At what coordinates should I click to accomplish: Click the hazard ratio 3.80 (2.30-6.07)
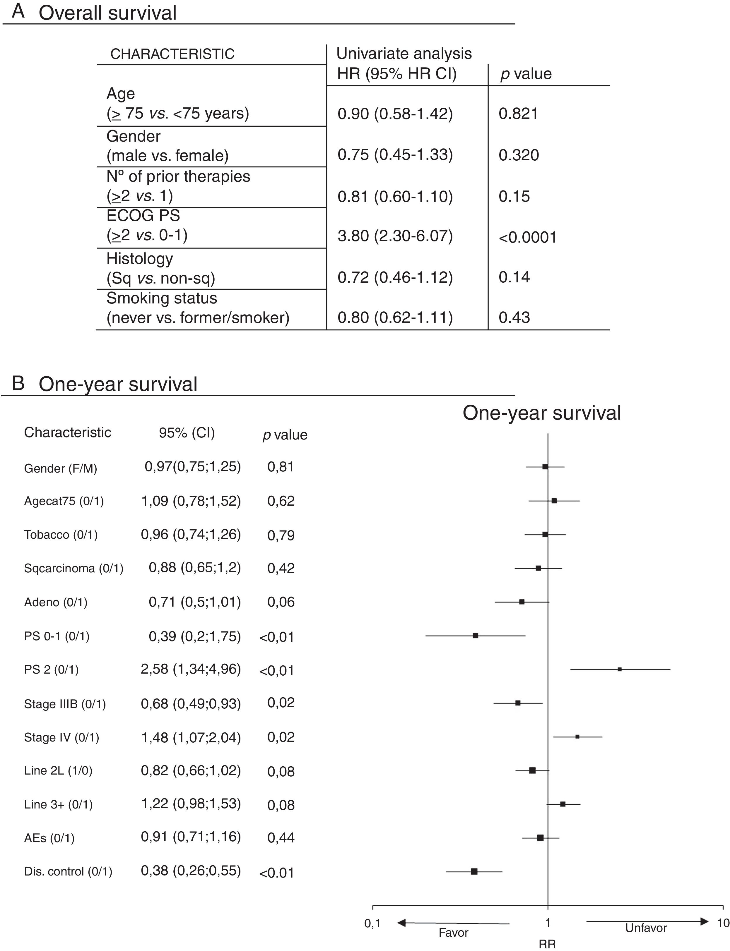[395, 236]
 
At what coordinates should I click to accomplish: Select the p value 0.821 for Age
[518, 114]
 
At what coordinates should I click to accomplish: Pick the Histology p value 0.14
[514, 277]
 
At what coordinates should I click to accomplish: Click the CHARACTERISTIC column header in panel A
[172, 54]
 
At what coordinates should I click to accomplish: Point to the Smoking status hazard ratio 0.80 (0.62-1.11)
[395, 317]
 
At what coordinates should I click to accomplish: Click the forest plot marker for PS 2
[620, 669]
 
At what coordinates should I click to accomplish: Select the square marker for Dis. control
[474, 871]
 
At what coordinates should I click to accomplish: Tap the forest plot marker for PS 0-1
[475, 635]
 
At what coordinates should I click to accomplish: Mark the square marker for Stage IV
[577, 737]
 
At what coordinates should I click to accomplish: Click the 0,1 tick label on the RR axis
[372, 923]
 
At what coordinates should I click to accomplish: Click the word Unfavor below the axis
[646, 928]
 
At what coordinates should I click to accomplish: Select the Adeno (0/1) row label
[56, 602]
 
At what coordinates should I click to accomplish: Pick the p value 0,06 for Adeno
[281, 602]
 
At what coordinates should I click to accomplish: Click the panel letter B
[18, 383]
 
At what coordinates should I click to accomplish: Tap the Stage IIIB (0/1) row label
[65, 704]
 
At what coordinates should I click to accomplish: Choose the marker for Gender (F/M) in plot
[545, 467]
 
